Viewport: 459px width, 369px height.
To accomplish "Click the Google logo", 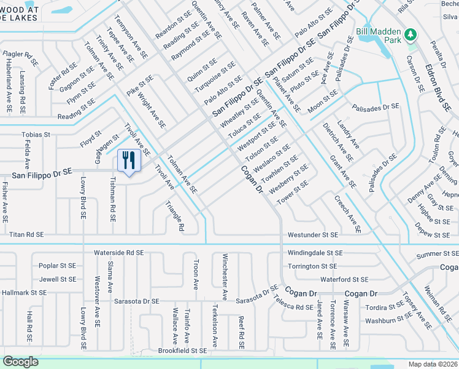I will click(20, 362).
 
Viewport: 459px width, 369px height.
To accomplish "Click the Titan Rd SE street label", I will click(27, 234).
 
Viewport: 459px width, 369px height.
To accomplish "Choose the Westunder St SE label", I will click(313, 235).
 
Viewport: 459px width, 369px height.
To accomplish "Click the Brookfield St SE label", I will click(182, 350).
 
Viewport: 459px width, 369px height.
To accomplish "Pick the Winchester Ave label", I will click(225, 277).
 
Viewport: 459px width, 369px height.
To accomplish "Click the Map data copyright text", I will click(433, 364).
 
